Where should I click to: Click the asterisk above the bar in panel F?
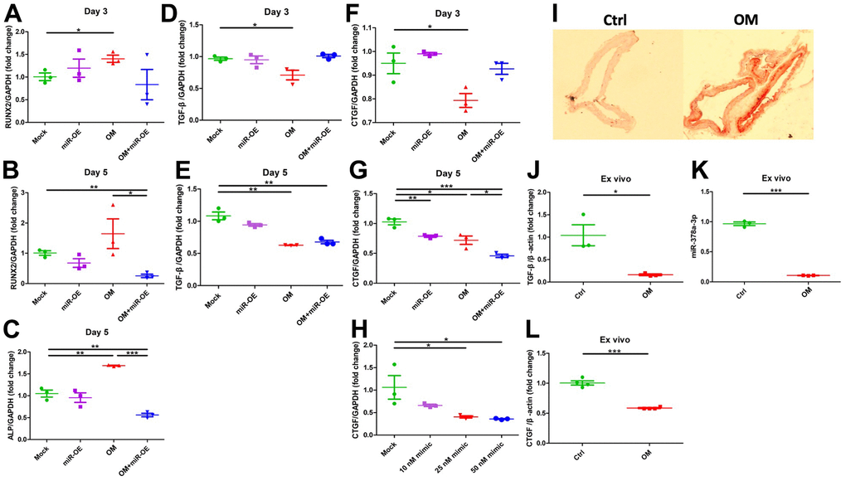click(429, 27)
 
